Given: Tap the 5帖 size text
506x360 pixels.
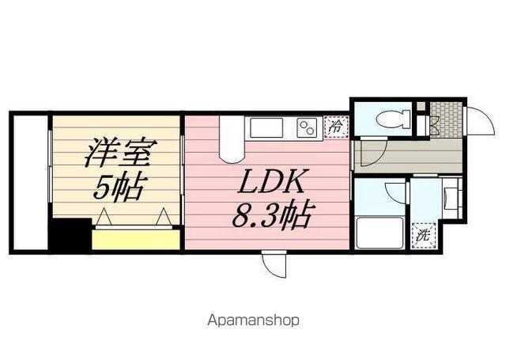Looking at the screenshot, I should coord(119,188).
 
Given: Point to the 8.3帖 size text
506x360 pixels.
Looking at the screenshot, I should coord(273,214).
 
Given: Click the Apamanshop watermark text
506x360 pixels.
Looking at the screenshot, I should coord(253,321).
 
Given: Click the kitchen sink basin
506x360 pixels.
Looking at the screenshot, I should coord(265,127).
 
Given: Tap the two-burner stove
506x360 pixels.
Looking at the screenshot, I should coord(306,127).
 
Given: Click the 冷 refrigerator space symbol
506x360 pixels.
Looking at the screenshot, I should coord(336,127).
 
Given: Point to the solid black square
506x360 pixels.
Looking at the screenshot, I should coord(69,234).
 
